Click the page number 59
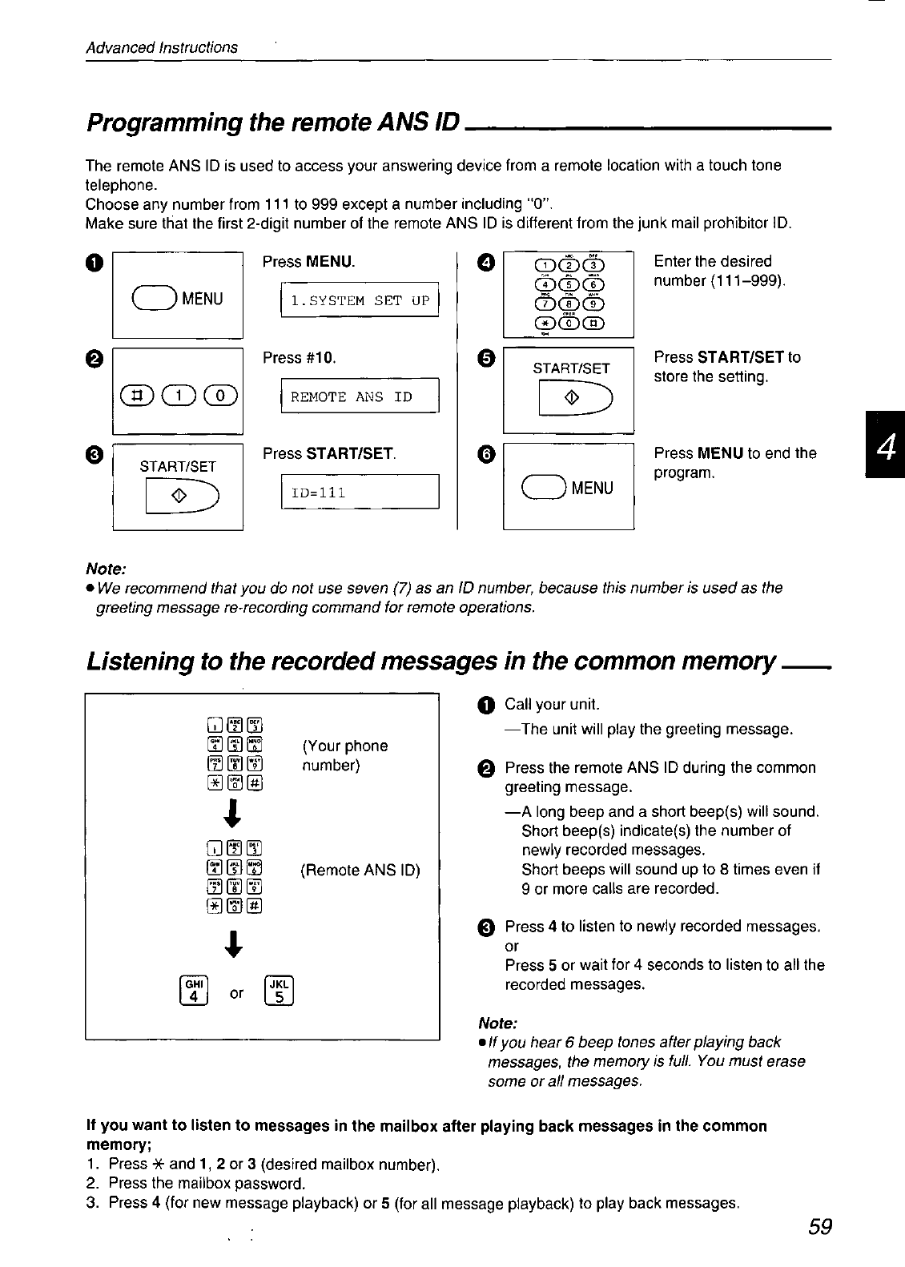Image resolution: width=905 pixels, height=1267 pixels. click(x=820, y=1226)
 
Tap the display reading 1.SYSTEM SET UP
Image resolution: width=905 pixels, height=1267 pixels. click(x=360, y=300)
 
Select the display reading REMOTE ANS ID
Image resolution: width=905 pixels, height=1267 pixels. click(x=360, y=396)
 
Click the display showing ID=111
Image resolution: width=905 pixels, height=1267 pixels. click(x=360, y=492)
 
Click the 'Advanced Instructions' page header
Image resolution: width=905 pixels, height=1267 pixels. click(x=162, y=47)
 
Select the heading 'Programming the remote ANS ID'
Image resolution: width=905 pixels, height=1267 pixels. click(x=272, y=123)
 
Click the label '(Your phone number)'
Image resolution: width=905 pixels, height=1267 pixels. click(x=344, y=755)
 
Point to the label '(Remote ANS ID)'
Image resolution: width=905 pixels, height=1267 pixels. click(x=360, y=870)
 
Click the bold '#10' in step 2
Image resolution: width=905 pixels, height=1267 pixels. click(x=320, y=357)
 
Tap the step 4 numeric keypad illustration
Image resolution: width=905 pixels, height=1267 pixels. click(x=569, y=295)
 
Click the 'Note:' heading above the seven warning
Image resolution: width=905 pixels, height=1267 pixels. click(x=106, y=569)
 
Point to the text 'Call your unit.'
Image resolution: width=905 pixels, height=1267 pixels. click(x=552, y=705)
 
